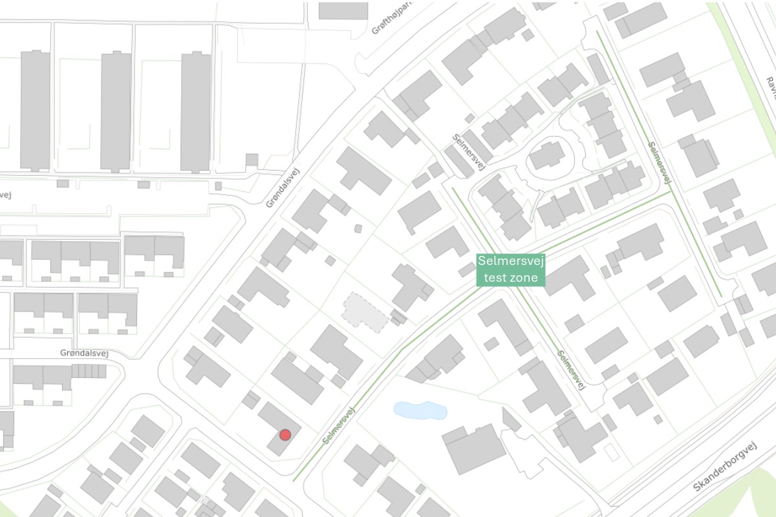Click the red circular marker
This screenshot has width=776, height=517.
pyautogui.click(x=285, y=435)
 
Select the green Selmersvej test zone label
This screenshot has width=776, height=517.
pyautogui.click(x=511, y=270)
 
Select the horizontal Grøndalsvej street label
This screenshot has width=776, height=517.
pyautogui.click(x=82, y=353)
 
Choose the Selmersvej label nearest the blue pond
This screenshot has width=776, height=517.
pyautogui.click(x=340, y=425)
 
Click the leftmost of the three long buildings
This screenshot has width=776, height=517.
pyautogui.click(x=35, y=110)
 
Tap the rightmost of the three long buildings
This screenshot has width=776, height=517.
pyautogui.click(x=195, y=111)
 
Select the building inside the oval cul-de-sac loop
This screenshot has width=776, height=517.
pyautogui.click(x=547, y=155)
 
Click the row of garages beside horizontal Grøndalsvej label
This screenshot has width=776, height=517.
pyautogui.click(x=89, y=371)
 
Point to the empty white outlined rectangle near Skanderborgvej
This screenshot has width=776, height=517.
pyautogui.click(x=611, y=452)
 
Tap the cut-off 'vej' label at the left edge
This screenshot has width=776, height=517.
pyautogui.click(x=5, y=195)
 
